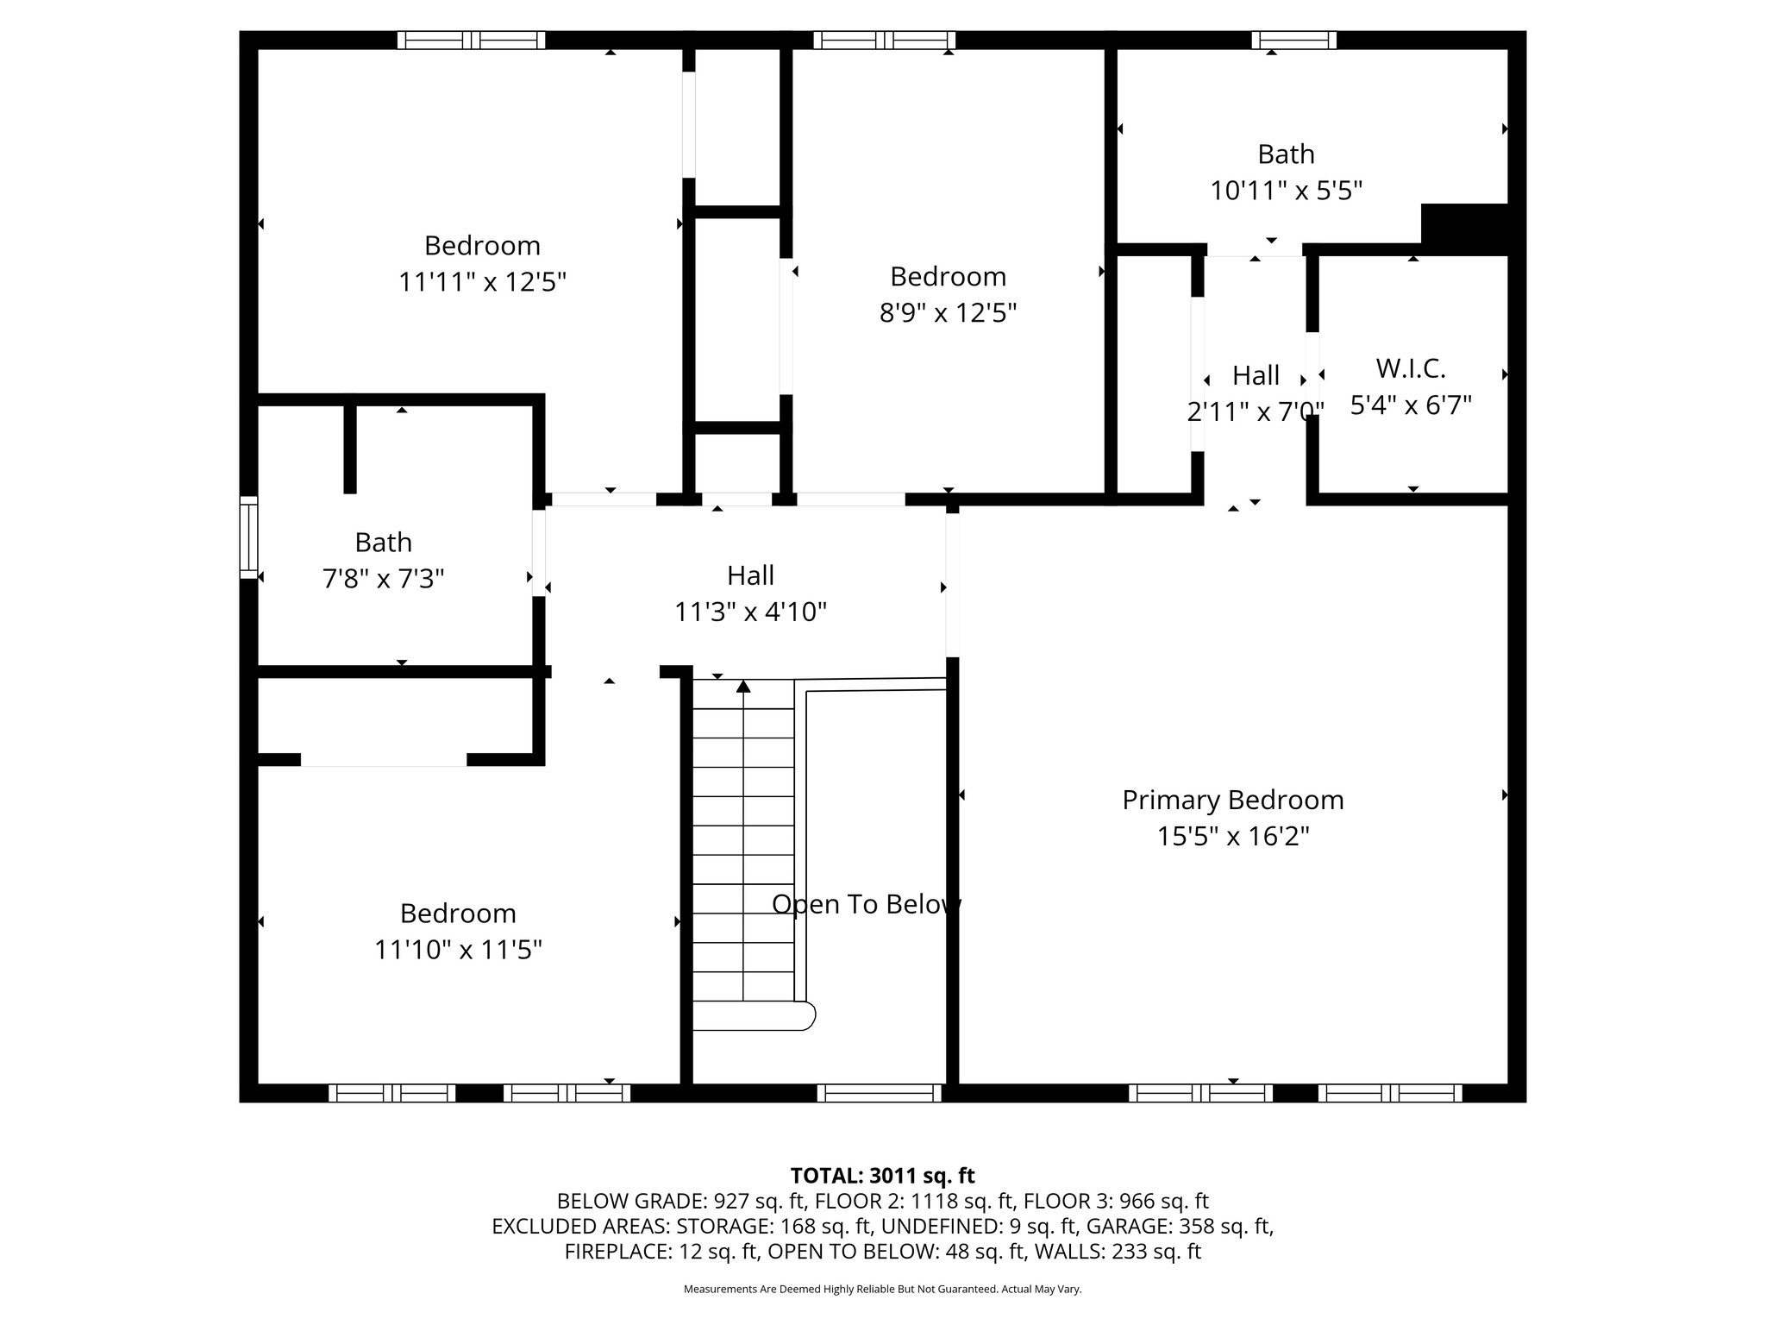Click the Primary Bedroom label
[x=1232, y=800]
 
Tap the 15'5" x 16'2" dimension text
[x=1232, y=836]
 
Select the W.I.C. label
[x=1410, y=368]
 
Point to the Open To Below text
[x=866, y=904]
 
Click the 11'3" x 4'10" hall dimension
[x=750, y=612]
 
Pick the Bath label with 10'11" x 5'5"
[x=1286, y=154]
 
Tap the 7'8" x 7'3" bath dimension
[x=383, y=578]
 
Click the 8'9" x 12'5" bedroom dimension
[x=948, y=312]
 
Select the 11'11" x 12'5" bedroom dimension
[x=482, y=282]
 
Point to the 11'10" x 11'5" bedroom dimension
[x=458, y=950]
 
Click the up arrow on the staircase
[x=743, y=687]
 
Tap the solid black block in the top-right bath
[x=1463, y=228]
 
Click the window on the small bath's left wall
[x=248, y=537]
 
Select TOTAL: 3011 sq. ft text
[x=882, y=1176]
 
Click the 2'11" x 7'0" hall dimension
[x=1255, y=411]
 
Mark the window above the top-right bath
[x=1293, y=40]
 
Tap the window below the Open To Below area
[x=879, y=1093]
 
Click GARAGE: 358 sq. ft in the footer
[x=1178, y=1226]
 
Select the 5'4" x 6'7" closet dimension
[x=1410, y=405]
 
